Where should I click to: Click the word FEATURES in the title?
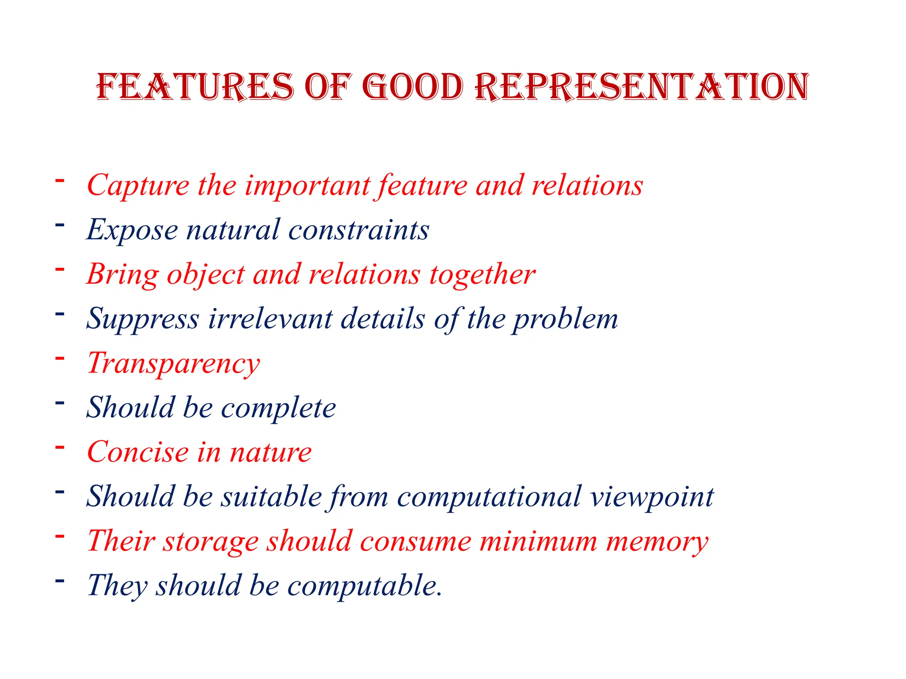195,87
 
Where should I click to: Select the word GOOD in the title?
413,87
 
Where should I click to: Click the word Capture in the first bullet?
138,186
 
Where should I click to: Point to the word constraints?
359,230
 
